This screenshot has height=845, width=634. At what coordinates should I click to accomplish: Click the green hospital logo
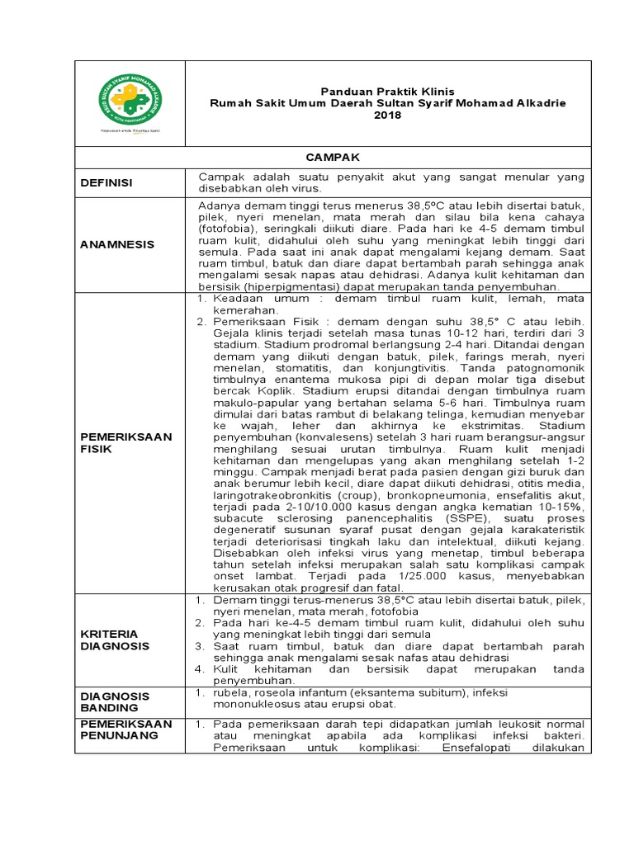pos(130,101)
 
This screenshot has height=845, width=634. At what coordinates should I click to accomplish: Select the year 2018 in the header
pos(387,116)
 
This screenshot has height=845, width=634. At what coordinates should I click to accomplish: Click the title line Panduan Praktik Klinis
pos(387,90)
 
